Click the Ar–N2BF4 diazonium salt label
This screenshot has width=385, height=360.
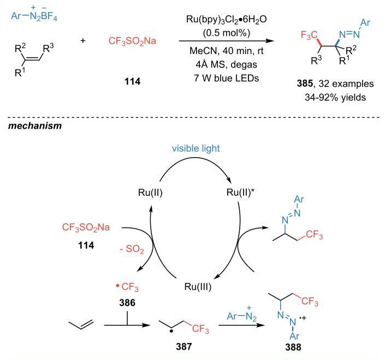point(34,14)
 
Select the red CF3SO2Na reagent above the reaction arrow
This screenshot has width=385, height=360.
point(132,41)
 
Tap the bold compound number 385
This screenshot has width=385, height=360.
point(305,83)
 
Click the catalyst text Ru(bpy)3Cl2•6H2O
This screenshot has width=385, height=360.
point(226,20)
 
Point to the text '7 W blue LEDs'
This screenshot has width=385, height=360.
point(227,78)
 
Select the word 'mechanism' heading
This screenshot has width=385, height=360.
point(35,126)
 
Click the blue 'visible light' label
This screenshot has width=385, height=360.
point(196,148)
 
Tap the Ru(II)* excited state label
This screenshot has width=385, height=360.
point(240,193)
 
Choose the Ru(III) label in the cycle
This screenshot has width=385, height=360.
point(198,287)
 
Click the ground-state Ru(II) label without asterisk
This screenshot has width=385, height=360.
point(150,193)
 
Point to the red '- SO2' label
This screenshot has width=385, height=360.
point(132,250)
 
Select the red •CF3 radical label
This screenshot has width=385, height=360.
point(127,287)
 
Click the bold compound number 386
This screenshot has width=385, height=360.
point(127,303)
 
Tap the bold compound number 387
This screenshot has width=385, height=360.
point(184,347)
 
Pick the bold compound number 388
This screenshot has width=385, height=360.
point(293,347)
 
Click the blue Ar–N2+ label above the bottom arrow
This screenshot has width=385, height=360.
point(241,314)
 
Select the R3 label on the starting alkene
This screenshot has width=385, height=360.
point(48,49)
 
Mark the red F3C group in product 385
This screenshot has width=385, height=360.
point(310,35)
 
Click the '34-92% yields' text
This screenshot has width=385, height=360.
point(335,98)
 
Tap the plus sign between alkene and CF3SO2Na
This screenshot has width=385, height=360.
point(83,40)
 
